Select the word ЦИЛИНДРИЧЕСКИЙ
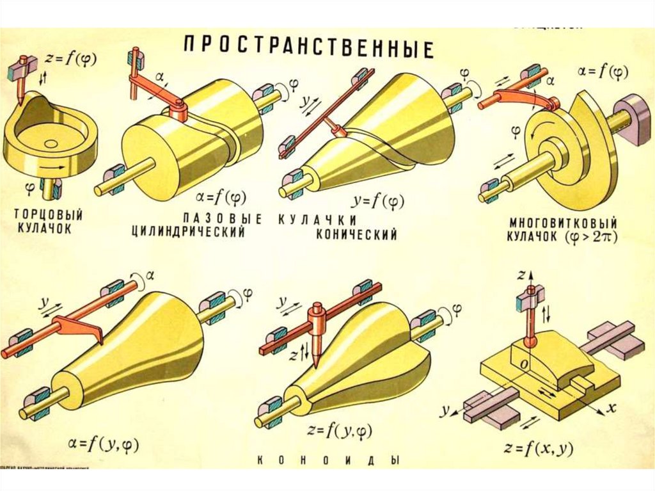click(188, 232)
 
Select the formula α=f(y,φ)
click(104, 444)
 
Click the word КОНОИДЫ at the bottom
click(329, 460)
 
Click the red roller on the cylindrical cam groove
click(180, 114)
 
